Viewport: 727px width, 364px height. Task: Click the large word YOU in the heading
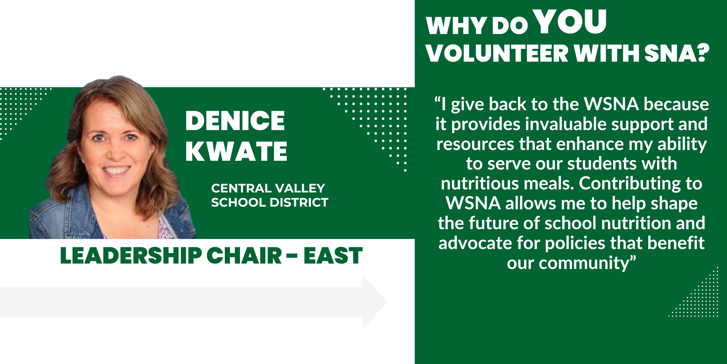pos(571,22)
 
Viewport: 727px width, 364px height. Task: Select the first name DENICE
pos(235,121)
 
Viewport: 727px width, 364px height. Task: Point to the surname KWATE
pos(236,151)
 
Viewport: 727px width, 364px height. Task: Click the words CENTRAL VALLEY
pos(268,188)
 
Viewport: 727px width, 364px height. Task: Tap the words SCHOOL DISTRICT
pos(270,202)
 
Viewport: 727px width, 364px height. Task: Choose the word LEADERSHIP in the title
pos(131,255)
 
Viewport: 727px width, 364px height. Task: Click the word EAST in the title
pos(333,255)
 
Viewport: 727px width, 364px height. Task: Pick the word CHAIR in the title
pos(244,255)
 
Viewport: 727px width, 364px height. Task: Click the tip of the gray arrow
pos(387,302)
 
